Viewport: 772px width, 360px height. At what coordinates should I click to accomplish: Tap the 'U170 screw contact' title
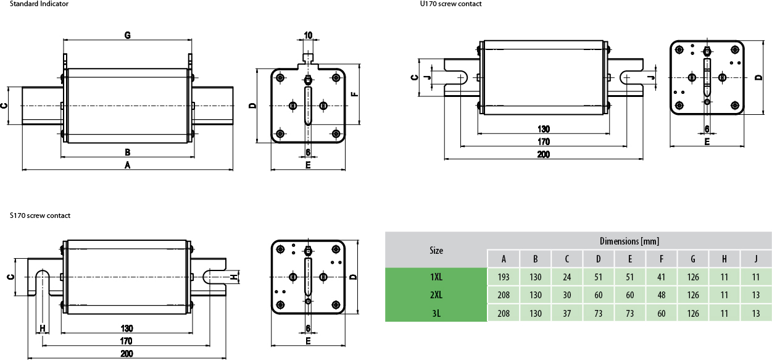click(450, 4)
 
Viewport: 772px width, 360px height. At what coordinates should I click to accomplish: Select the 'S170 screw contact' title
click(40, 216)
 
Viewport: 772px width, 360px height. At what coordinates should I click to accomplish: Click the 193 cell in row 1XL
click(504, 277)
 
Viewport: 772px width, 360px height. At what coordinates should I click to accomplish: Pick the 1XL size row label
click(436, 277)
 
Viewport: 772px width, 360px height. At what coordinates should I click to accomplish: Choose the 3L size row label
click(436, 313)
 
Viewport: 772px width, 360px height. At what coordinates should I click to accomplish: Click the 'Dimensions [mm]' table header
click(629, 241)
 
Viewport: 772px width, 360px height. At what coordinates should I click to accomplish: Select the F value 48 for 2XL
click(662, 295)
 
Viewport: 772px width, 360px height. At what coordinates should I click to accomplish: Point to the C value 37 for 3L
click(567, 313)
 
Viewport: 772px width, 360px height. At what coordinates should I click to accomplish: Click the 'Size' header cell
click(436, 250)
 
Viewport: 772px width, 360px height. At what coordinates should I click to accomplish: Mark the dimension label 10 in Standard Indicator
click(308, 35)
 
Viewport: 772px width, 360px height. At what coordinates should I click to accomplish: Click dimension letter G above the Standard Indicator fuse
click(127, 35)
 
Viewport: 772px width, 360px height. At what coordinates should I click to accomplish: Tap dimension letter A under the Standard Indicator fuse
click(128, 165)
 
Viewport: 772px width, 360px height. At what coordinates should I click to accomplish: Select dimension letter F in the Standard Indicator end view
click(354, 94)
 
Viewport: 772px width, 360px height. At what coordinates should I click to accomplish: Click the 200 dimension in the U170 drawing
click(543, 154)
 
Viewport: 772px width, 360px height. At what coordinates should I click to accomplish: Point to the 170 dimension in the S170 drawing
click(126, 341)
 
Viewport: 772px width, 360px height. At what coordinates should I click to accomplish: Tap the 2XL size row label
click(436, 295)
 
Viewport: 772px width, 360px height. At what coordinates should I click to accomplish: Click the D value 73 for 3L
click(598, 313)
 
